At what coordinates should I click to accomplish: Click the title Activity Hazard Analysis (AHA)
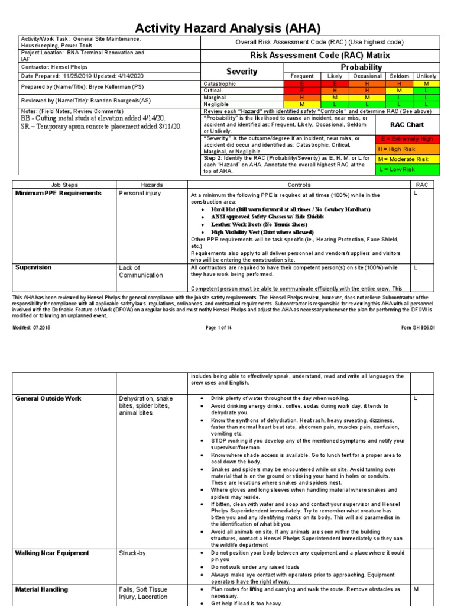click(228, 28)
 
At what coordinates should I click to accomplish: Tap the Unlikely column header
click(426, 76)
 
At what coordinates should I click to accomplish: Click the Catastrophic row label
click(219, 84)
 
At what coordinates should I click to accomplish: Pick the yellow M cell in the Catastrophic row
click(426, 84)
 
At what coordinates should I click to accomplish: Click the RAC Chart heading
click(407, 125)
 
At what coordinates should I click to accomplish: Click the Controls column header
click(299, 185)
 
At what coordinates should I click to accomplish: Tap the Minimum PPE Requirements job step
click(58, 193)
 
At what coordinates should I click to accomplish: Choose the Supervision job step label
click(33, 267)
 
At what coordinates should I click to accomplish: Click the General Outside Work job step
click(48, 398)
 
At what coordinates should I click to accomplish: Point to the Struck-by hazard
click(132, 553)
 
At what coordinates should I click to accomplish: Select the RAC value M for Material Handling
click(416, 589)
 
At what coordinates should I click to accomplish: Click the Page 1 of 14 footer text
click(219, 327)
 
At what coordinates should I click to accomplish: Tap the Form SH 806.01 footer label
click(418, 327)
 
